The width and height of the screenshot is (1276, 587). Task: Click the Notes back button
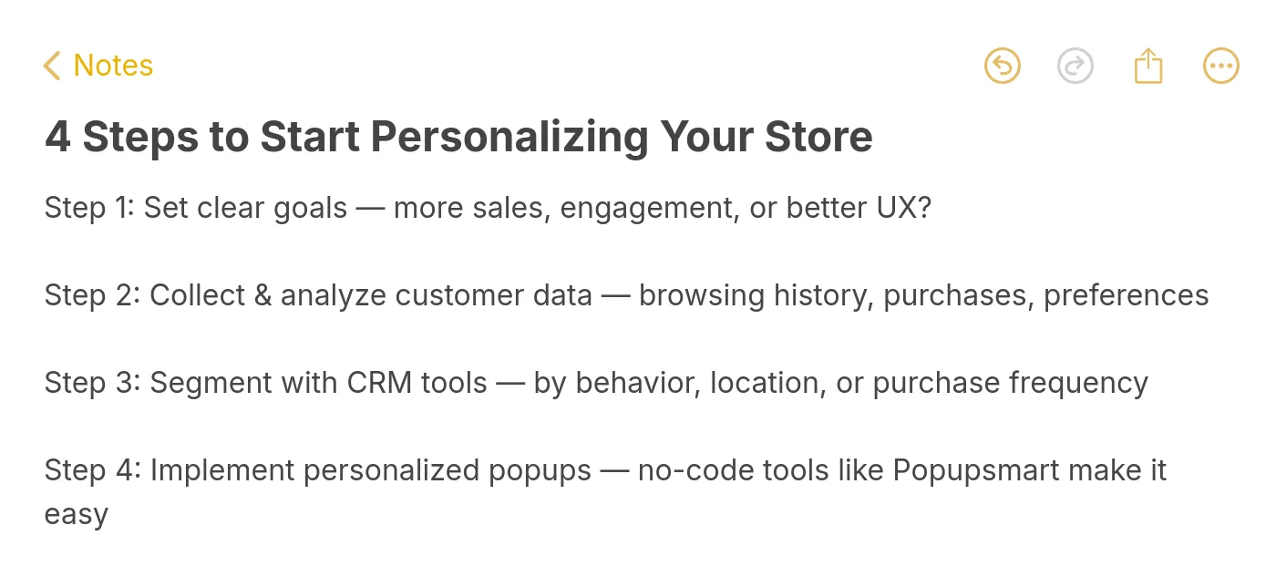click(98, 66)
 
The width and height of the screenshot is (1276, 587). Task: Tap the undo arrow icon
click(1003, 66)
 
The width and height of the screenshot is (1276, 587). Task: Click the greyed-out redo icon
click(1075, 66)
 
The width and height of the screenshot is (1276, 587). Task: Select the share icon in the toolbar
click(1148, 66)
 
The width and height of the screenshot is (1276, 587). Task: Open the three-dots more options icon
click(1221, 66)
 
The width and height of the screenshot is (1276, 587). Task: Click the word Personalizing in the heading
click(509, 138)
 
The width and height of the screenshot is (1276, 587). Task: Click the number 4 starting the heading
click(57, 138)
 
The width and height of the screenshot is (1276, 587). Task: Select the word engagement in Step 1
click(647, 209)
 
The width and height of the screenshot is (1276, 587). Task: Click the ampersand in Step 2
click(263, 295)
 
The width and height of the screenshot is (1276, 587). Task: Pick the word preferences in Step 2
click(1127, 295)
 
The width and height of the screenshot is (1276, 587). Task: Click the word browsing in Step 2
click(702, 295)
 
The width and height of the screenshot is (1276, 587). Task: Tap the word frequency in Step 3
click(1078, 383)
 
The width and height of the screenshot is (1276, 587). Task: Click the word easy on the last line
click(77, 515)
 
